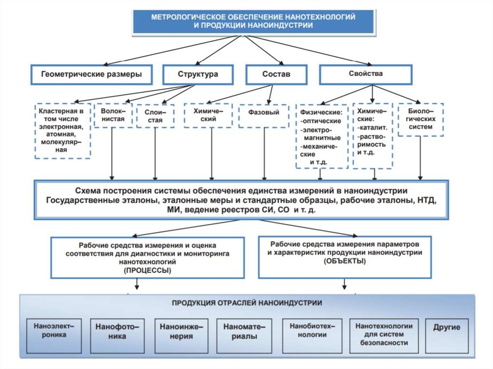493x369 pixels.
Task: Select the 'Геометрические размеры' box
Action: [x=91, y=75]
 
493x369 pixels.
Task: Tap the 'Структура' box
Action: [x=197, y=75]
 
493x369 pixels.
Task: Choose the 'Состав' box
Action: [x=276, y=75]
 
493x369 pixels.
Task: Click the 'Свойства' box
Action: [x=366, y=74]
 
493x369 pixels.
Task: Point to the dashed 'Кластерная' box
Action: [x=63, y=130]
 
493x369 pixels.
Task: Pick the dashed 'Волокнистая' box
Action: [x=113, y=115]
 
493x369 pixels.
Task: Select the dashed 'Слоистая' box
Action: [x=155, y=116]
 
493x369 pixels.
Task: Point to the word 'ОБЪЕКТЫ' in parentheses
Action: [x=345, y=261]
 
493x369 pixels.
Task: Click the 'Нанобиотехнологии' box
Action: [x=312, y=331]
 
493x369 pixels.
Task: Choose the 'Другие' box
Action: [x=446, y=328]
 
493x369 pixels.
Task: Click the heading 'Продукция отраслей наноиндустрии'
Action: [x=247, y=303]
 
